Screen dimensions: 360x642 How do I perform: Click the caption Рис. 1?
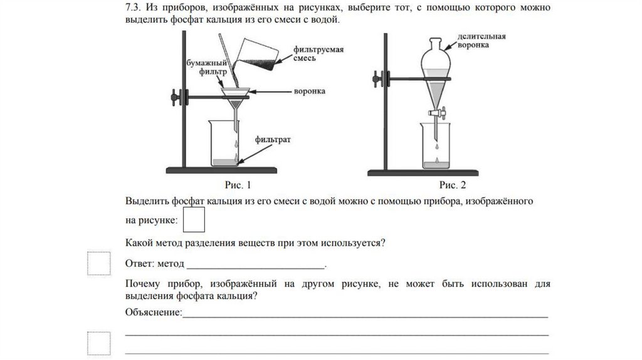coord(238,185)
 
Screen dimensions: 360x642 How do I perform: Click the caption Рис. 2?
coord(453,185)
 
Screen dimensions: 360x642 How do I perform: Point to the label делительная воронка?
coord(482,41)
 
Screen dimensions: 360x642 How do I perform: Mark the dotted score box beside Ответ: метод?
coord(98,263)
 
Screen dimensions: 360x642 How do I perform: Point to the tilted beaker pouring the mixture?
coord(256,55)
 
